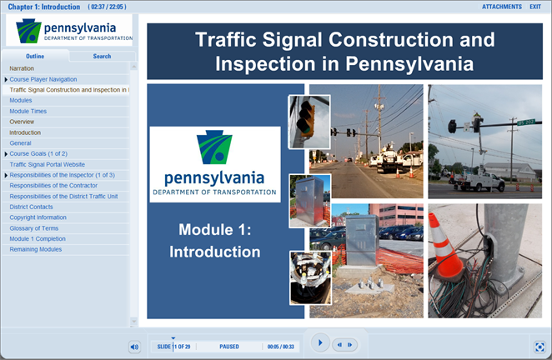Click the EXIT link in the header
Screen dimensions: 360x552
coord(534,7)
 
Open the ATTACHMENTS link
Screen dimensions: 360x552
coord(501,7)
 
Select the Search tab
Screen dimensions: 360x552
coord(102,57)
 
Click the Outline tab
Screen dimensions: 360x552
coord(35,57)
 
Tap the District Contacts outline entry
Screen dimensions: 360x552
coord(32,207)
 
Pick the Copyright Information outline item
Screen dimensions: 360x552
coord(38,217)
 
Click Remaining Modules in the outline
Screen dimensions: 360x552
coord(35,249)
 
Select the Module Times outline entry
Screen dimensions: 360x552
coord(28,111)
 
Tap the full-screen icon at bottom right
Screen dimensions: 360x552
coord(539,347)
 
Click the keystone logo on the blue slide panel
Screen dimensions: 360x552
coord(214,149)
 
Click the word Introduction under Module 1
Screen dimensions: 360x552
coord(215,251)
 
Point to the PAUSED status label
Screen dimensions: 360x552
coord(229,347)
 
